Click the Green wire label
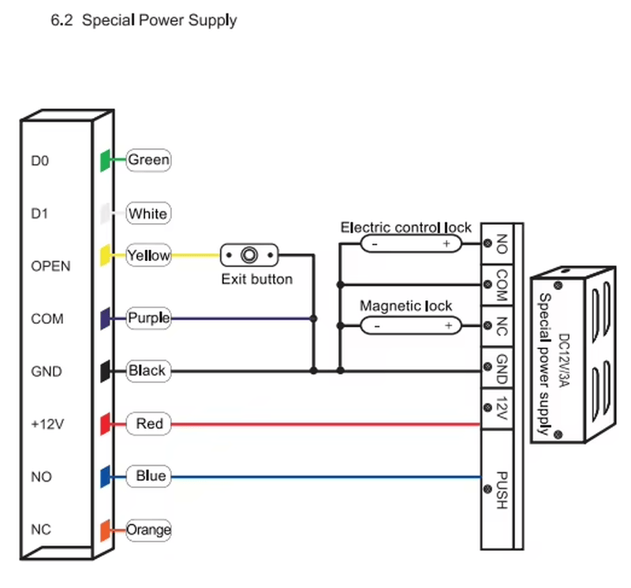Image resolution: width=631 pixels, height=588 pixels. pyautogui.click(x=148, y=160)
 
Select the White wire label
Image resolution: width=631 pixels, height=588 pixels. pyautogui.click(x=148, y=213)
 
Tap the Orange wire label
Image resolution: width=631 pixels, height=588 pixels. pyautogui.click(x=148, y=530)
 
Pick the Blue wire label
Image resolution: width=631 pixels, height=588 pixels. pyautogui.click(x=148, y=476)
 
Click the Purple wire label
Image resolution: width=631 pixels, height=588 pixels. pyautogui.click(x=148, y=318)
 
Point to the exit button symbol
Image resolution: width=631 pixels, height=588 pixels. pyautogui.click(x=249, y=255)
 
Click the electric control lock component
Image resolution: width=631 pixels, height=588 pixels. pyautogui.click(x=411, y=244)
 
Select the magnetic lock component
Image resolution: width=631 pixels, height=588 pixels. pyautogui.click(x=411, y=326)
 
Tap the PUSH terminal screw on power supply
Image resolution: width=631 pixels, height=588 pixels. pyautogui.click(x=487, y=489)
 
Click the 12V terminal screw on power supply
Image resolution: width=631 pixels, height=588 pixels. pyautogui.click(x=487, y=408)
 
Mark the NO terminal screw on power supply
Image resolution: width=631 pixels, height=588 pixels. pyautogui.click(x=487, y=244)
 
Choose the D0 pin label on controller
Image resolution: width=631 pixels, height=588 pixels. pyautogui.click(x=40, y=161)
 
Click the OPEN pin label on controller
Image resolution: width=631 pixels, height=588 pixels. pyautogui.click(x=50, y=266)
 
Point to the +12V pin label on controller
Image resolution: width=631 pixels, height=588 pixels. pyautogui.click(x=47, y=424)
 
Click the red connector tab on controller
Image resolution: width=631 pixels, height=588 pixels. pyautogui.click(x=105, y=423)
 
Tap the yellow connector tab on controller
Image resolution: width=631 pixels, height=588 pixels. pyautogui.click(x=105, y=255)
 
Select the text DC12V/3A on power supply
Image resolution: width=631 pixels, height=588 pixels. pyautogui.click(x=564, y=360)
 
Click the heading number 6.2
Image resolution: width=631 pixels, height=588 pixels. pyautogui.click(x=62, y=20)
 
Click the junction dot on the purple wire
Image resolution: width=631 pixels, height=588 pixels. pyautogui.click(x=313, y=318)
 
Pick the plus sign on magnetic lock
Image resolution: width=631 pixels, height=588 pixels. pyautogui.click(x=449, y=326)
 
